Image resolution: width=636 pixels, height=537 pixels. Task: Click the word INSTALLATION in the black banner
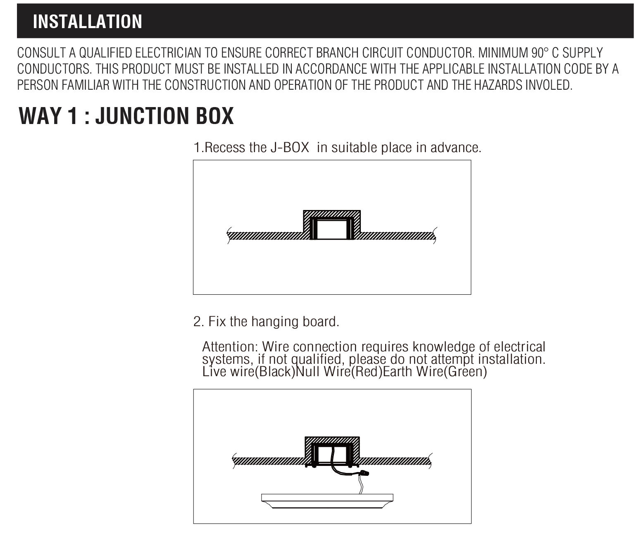(88, 21)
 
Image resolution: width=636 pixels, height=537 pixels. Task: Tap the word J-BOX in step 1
(290, 148)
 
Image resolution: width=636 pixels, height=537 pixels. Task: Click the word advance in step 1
(456, 148)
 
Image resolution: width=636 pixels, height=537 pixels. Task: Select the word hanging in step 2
(275, 322)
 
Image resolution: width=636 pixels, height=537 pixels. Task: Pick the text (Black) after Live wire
(275, 372)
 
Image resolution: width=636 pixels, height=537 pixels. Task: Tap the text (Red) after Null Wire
(367, 372)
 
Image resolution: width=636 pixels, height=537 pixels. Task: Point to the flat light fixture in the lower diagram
(327, 501)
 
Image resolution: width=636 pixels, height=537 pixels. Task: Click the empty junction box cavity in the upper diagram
(332, 229)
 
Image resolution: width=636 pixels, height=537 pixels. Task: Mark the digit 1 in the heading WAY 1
(72, 116)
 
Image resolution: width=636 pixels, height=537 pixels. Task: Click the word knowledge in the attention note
(443, 347)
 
